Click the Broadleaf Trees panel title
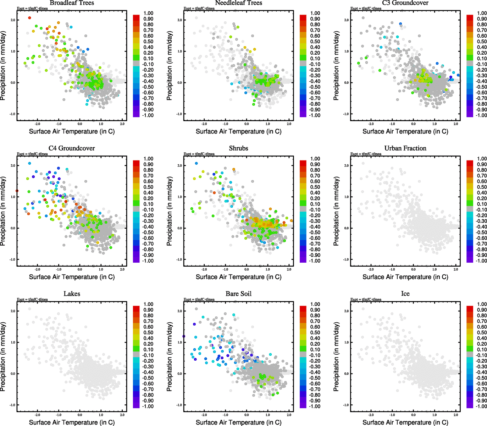point(72,3)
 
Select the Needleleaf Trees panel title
point(238,3)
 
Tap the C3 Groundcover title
point(405,3)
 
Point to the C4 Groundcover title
point(72,148)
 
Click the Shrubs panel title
point(238,148)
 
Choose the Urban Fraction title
point(405,148)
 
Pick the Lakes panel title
point(72,294)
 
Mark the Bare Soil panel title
point(238,294)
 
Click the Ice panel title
point(405,294)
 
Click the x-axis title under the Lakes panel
point(72,422)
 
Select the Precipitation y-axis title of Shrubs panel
point(169,211)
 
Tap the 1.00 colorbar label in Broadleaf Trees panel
point(148,13)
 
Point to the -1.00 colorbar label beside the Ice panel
point(481,406)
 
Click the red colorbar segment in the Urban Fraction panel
point(470,163)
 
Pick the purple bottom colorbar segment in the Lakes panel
point(136,405)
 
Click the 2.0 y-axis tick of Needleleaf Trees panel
point(179,20)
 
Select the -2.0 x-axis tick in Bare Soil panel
point(204,415)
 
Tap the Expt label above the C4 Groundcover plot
point(32,154)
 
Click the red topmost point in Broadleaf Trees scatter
point(29,18)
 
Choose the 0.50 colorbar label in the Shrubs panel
point(315,187)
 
